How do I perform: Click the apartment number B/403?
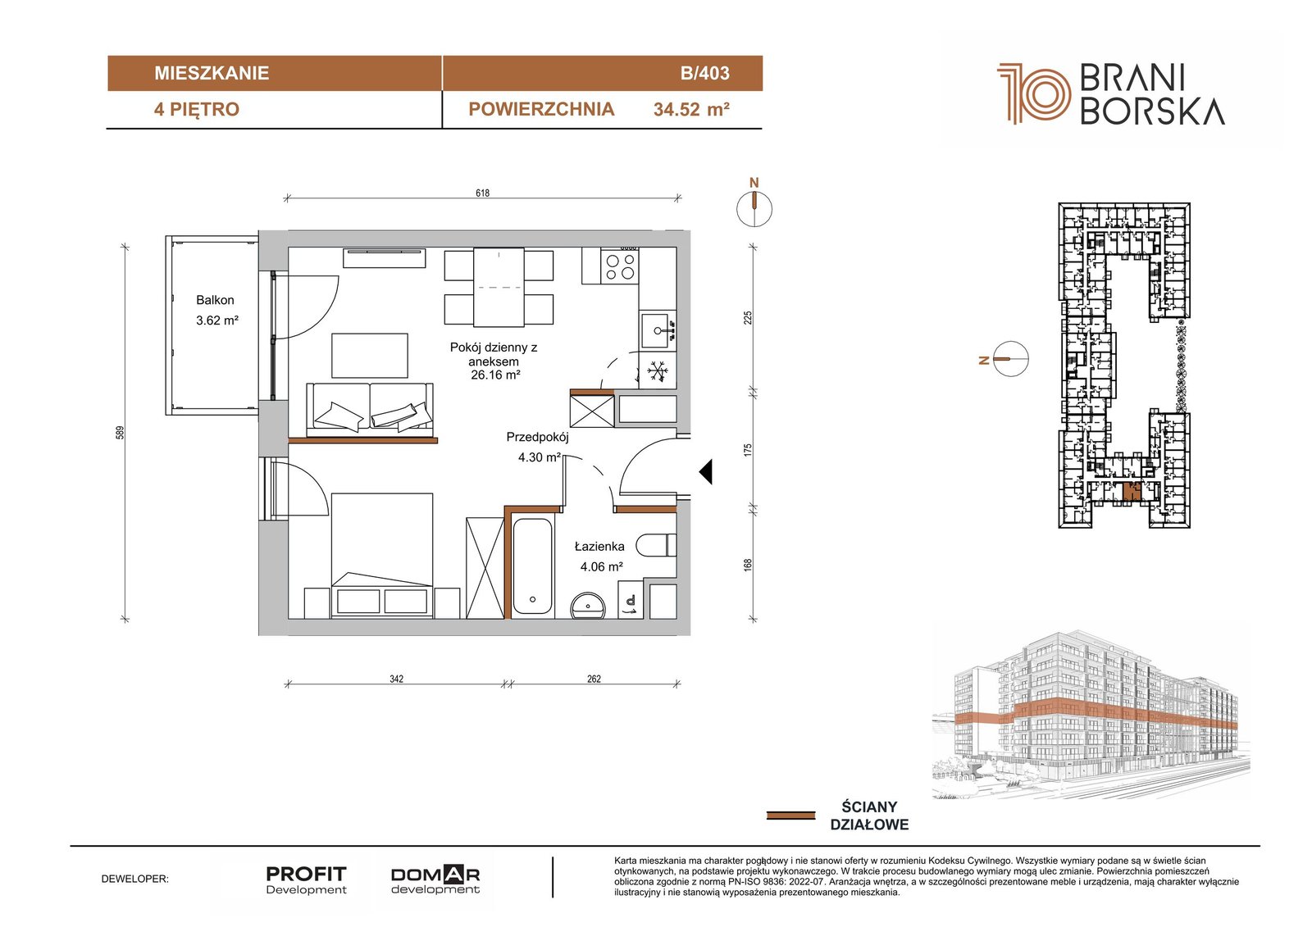[x=704, y=73]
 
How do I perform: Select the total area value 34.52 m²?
[x=691, y=110]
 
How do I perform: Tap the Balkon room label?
[x=215, y=300]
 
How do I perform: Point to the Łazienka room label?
[x=599, y=547]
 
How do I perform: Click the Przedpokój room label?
[x=537, y=437]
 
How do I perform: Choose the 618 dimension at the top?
[x=482, y=193]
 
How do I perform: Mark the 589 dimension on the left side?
[x=120, y=432]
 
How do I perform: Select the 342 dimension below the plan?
[x=397, y=679]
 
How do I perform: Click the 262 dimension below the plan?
[x=594, y=679]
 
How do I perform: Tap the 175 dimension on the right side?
[x=747, y=450]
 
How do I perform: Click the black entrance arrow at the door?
[x=706, y=471]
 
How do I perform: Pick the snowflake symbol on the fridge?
[x=657, y=371]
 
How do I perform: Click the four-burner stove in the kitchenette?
[x=620, y=266]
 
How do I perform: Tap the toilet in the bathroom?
[x=656, y=546]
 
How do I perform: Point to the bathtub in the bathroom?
[x=532, y=566]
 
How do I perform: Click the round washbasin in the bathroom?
[x=588, y=606]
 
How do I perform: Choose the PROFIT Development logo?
[x=306, y=879]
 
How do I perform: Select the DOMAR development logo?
[x=435, y=879]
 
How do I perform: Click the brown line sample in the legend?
[x=790, y=816]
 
